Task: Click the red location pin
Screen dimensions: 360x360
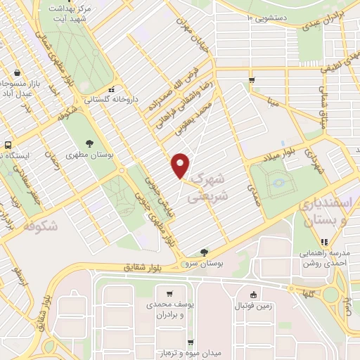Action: point(181,165)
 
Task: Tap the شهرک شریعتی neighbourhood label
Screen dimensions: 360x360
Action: point(210,187)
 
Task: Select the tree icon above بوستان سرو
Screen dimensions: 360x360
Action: point(205,251)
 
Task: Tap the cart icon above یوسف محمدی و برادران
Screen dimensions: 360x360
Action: point(169,293)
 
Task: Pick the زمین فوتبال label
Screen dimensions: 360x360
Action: point(252,306)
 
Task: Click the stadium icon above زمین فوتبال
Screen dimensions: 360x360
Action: point(253,294)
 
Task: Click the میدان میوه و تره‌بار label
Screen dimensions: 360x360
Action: point(169,352)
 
